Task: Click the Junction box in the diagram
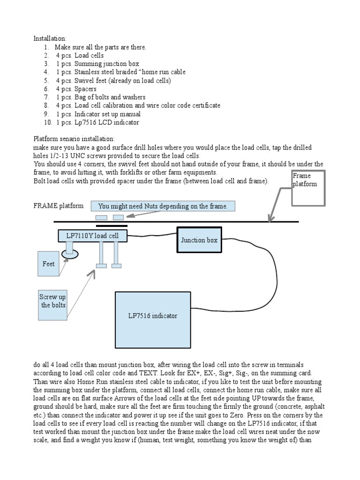click(x=199, y=240)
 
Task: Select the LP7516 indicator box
click(x=153, y=320)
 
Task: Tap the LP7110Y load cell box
click(x=92, y=236)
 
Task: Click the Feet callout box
click(x=48, y=264)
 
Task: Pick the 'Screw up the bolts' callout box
click(x=52, y=305)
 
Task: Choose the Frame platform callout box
click(x=308, y=188)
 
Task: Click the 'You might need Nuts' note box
click(x=163, y=206)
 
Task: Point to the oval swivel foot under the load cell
click(x=70, y=254)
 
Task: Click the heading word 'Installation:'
click(x=50, y=38)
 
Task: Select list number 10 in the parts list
click(x=48, y=122)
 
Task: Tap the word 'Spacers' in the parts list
click(x=85, y=89)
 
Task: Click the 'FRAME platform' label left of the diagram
click(x=58, y=206)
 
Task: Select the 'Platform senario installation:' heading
click(x=74, y=139)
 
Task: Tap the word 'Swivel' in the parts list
click(x=84, y=81)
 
